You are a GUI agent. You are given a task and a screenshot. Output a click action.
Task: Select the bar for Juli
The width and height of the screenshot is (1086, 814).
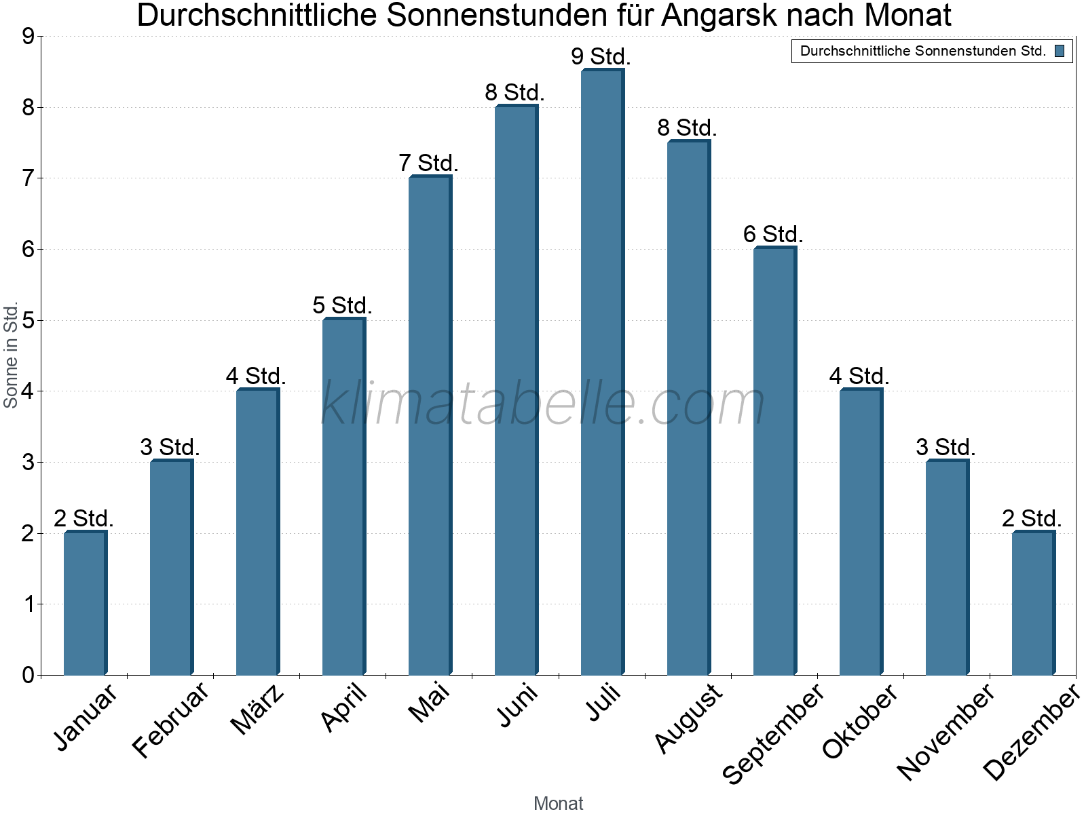[602, 373]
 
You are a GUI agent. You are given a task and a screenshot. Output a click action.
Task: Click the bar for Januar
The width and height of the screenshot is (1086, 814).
[85, 604]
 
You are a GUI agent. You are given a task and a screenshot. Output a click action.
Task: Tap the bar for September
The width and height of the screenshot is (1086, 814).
[774, 461]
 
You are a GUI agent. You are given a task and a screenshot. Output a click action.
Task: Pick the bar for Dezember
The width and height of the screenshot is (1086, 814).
[1033, 604]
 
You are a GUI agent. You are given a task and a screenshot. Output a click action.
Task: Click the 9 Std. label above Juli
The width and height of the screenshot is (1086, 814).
[601, 57]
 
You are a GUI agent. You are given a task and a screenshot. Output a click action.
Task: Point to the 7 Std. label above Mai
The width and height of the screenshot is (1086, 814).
[428, 163]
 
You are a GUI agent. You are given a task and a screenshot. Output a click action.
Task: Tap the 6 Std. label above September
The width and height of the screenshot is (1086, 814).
[773, 235]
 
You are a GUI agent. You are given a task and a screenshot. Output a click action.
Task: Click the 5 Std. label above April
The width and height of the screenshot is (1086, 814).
[342, 306]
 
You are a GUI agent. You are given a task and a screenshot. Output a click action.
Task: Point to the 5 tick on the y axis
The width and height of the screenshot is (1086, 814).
[28, 321]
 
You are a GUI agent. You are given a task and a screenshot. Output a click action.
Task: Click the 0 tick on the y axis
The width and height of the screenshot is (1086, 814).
[28, 676]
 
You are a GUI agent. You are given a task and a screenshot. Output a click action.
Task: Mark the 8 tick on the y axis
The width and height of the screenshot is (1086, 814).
[28, 108]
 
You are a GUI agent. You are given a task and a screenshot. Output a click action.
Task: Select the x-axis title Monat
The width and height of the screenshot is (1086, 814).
[558, 803]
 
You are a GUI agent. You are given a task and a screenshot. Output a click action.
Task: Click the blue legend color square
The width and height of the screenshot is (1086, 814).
[1060, 51]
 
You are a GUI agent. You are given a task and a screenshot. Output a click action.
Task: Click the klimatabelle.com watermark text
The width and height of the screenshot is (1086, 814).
[543, 404]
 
